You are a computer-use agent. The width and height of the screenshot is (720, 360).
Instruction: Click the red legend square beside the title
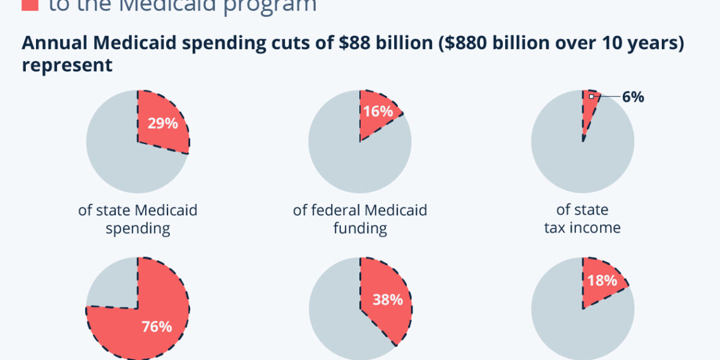(29, 5)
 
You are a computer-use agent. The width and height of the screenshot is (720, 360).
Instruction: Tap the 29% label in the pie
(162, 123)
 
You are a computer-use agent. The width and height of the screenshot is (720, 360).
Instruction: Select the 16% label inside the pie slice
(378, 112)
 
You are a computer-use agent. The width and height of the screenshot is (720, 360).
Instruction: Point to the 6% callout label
(633, 97)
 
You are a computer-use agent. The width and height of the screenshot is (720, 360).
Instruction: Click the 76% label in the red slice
(156, 327)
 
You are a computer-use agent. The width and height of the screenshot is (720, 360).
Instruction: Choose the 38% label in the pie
(387, 299)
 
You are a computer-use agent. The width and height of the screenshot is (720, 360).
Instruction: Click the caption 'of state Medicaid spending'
(138, 219)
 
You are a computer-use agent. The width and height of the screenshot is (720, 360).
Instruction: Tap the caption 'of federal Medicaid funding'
(360, 219)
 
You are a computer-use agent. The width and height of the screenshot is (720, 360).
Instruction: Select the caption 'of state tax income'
(582, 219)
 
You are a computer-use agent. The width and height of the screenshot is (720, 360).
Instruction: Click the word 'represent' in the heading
(67, 64)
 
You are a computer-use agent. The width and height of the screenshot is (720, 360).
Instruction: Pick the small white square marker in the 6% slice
(591, 97)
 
